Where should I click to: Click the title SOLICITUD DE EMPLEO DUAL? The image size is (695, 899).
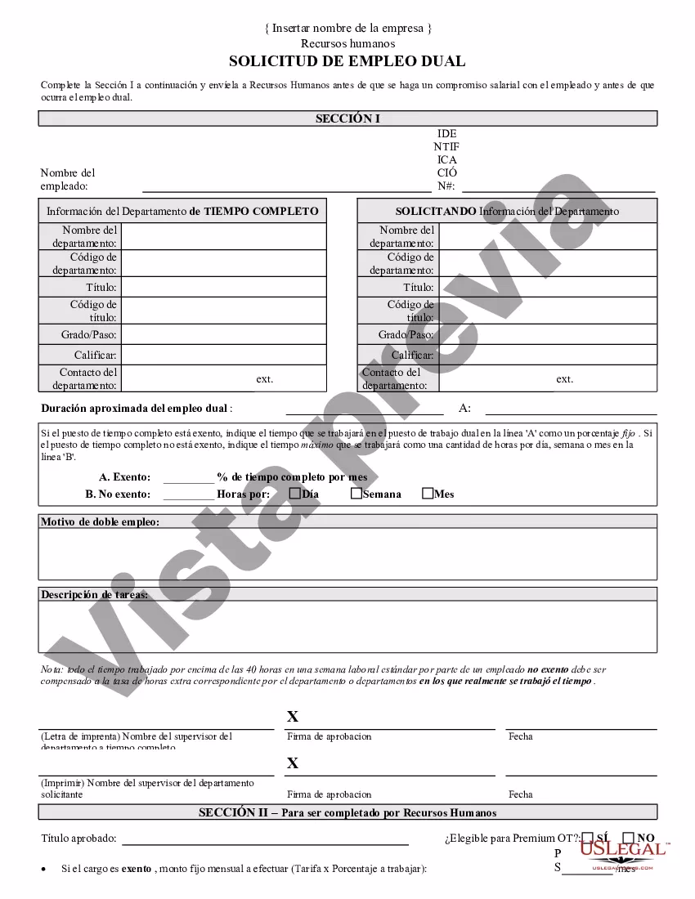[x=347, y=61]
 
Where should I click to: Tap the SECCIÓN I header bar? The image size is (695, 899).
[x=347, y=119]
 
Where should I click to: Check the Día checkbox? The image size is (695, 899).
[x=295, y=493]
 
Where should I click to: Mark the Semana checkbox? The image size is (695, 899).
[x=356, y=493]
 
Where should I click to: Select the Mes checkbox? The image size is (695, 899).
[x=428, y=493]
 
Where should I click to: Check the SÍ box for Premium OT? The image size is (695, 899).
[x=588, y=837]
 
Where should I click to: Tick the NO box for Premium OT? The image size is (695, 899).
[x=628, y=837]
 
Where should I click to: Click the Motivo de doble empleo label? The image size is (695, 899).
[x=100, y=521]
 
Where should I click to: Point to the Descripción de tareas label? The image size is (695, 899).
[x=95, y=594]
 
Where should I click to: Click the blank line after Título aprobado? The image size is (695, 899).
[x=265, y=839]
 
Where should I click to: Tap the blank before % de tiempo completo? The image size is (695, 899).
[x=188, y=478]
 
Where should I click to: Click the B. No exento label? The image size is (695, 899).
[x=118, y=494]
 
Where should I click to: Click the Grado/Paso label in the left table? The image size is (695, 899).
[x=88, y=335]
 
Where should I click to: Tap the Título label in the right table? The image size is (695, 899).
[x=419, y=288]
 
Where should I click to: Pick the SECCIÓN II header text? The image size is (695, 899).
[x=347, y=812]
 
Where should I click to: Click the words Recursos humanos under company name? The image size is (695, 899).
[x=347, y=43]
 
